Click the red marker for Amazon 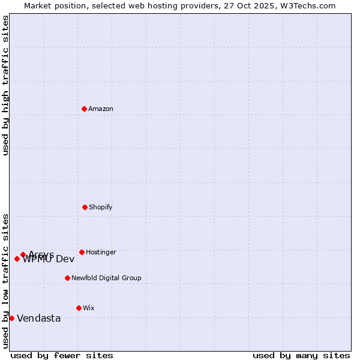point(84,109)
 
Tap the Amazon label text point(101,109)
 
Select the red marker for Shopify point(85,207)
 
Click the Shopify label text point(101,208)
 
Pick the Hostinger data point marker point(82,252)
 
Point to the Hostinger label point(101,253)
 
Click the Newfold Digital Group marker point(67,278)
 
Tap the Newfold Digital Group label point(106,278)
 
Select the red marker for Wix point(79,308)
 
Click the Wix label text point(89,308)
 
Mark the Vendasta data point point(11,318)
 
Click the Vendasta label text point(39,319)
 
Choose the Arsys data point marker point(23,254)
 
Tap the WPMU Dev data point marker point(17,259)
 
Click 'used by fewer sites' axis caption point(62,356)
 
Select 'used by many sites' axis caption point(301,356)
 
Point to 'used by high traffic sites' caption point(5,85)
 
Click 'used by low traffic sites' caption point(5,280)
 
